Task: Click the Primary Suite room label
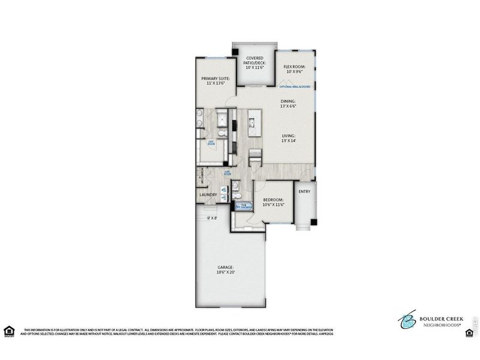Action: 215,81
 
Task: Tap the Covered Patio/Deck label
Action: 254,62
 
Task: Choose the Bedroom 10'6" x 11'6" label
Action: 273,202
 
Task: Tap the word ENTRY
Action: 304,192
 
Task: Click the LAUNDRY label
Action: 208,194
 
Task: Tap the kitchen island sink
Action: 253,123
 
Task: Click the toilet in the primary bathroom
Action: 222,133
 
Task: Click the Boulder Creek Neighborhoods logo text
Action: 440,319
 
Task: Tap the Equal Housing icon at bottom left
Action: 8,331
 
